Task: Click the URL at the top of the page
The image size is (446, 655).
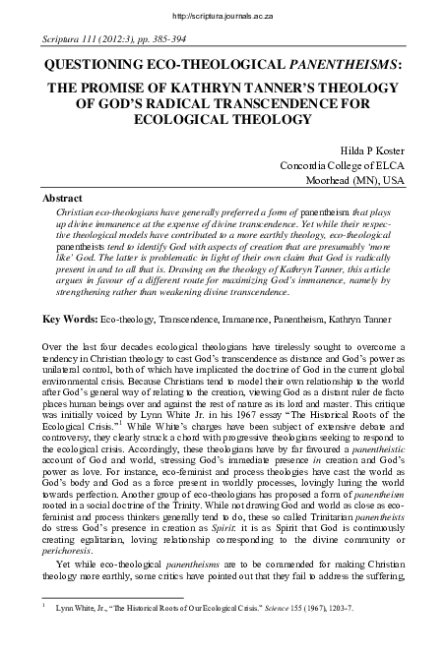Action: pos(223,16)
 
